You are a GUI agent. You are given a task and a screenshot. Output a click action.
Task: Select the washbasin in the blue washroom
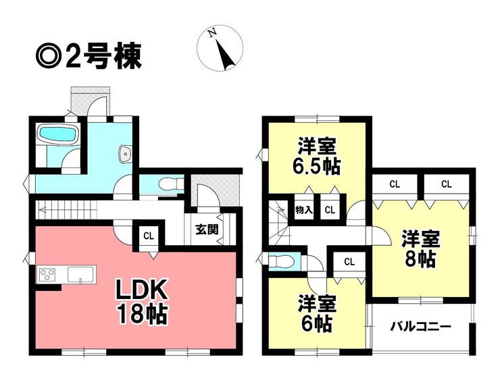[125, 154]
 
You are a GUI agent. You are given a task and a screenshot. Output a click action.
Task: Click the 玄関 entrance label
[207, 229]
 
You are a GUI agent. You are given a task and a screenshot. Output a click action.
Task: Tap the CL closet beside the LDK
[149, 236]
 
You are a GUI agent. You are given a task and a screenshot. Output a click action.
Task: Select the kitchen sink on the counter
[79, 274]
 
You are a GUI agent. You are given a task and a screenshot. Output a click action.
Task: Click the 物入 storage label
[303, 210]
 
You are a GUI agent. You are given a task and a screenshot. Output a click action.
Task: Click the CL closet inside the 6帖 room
[349, 261]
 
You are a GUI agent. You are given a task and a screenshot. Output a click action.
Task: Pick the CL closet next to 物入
[330, 210]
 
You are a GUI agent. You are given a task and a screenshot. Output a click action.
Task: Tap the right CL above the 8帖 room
[446, 184]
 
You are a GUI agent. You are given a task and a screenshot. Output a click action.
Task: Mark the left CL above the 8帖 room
[395, 184]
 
